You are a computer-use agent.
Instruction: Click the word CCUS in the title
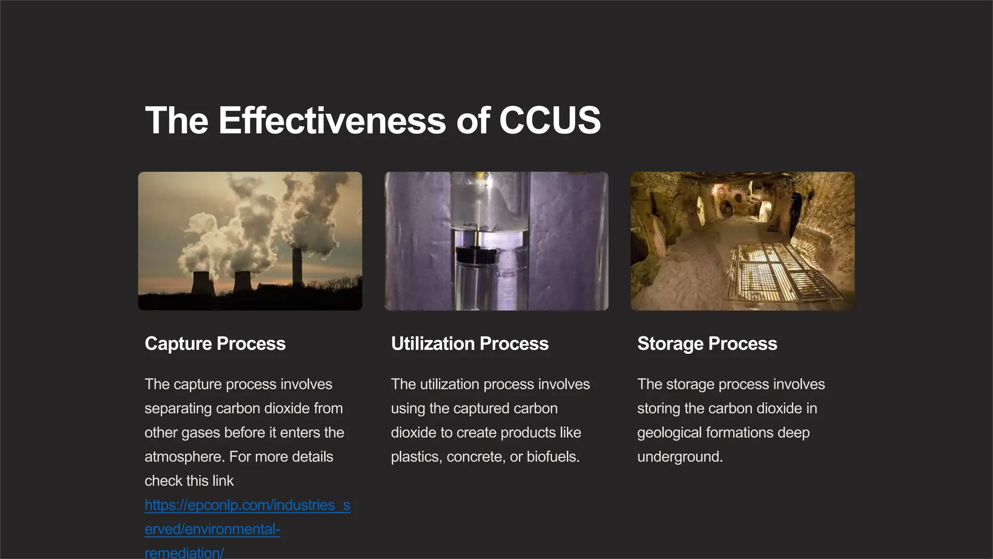tap(550, 120)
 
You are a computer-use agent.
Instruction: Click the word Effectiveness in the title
tap(332, 120)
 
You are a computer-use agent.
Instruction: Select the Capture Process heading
tap(215, 344)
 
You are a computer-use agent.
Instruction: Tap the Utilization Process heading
tap(469, 344)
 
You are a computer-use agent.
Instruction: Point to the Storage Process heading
tap(707, 344)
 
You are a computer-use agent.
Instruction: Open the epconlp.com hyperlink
tap(247, 505)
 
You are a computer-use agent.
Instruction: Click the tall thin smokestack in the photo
tap(297, 267)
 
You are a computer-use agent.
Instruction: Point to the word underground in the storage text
tap(680, 457)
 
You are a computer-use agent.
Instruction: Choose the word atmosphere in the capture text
tap(185, 457)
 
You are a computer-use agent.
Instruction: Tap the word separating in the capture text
tap(178, 409)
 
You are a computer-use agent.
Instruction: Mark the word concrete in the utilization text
tap(474, 457)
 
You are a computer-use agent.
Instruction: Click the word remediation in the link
tap(184, 553)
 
